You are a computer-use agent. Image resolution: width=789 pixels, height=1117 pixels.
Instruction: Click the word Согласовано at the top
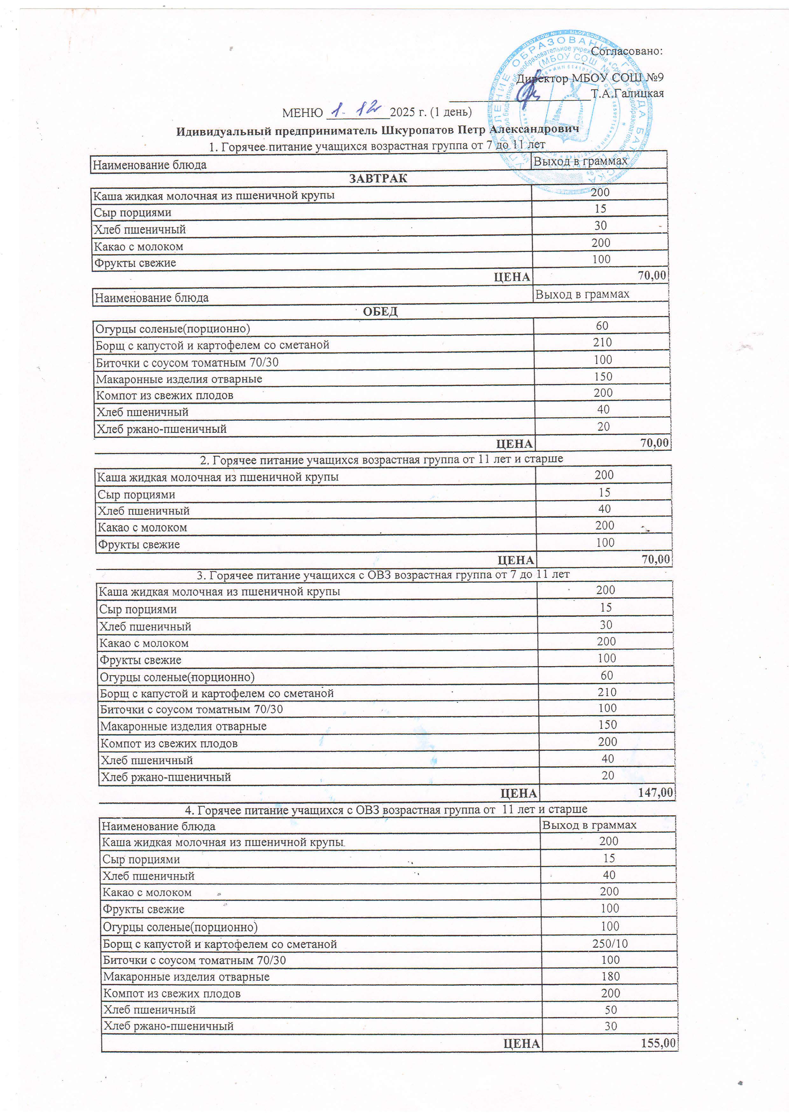click(627, 51)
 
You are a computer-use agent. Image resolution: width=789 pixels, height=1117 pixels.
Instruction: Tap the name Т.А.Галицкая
click(627, 93)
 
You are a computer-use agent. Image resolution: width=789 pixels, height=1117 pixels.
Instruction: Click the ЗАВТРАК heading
click(378, 178)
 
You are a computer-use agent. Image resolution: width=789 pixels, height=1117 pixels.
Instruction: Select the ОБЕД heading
click(380, 311)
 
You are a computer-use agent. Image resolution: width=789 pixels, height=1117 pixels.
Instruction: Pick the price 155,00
click(658, 1042)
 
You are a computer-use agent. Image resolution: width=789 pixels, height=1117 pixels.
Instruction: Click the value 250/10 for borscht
click(610, 944)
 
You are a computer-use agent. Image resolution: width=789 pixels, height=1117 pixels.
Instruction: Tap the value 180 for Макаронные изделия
click(610, 976)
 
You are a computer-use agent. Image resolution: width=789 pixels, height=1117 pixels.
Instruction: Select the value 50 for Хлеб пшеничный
click(611, 1009)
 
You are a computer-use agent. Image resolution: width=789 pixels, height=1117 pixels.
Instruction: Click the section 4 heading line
click(386, 809)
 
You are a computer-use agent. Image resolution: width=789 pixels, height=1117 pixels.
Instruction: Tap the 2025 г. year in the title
click(408, 112)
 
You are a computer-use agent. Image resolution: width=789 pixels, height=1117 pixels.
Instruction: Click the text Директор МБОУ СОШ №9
click(589, 78)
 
